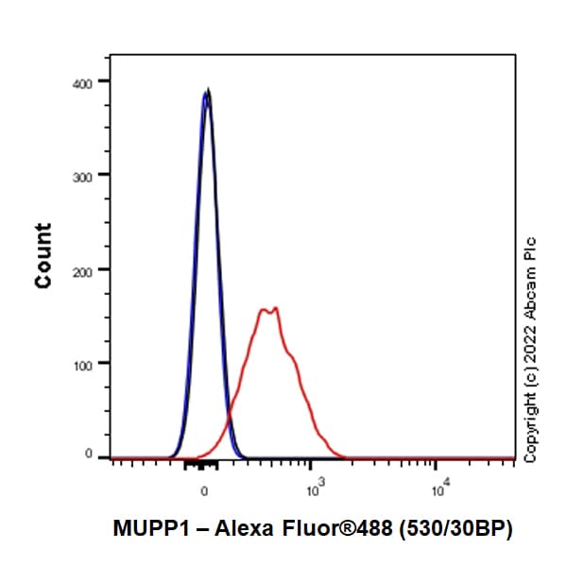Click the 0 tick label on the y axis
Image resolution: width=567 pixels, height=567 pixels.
[89, 455]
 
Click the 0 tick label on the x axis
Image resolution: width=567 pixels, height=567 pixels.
[204, 491]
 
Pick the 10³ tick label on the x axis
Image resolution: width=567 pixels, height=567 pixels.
[314, 490]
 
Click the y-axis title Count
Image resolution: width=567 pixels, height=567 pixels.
[43, 255]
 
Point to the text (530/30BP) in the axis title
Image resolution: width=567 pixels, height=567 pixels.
[460, 530]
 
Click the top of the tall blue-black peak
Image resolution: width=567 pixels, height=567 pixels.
[207, 91]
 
